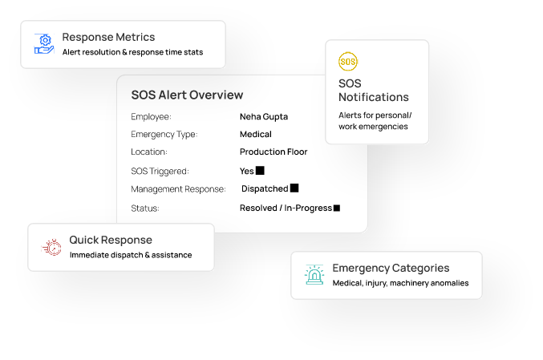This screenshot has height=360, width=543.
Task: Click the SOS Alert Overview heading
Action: [187, 95]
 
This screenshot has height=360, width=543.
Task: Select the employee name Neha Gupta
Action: [263, 116]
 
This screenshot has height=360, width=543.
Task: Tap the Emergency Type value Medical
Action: [255, 134]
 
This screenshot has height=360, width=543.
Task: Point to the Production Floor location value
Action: [273, 152]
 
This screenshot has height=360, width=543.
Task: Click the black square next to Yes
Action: [260, 171]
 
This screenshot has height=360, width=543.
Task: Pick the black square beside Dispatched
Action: [294, 188]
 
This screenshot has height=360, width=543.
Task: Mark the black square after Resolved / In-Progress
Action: [337, 208]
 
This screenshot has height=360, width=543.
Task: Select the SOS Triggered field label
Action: [160, 171]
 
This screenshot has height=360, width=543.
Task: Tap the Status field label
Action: [145, 208]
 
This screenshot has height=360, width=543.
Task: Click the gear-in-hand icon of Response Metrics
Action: [44, 43]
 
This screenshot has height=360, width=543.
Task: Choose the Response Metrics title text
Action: [108, 37]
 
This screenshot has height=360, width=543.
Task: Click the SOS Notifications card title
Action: [373, 90]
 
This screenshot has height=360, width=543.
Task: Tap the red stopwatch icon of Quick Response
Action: [51, 247]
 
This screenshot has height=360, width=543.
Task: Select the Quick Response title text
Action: [110, 240]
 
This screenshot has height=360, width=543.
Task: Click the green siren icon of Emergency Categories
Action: [314, 275]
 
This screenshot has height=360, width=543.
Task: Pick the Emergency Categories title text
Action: [391, 268]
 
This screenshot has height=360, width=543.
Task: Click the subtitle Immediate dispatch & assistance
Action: [131, 255]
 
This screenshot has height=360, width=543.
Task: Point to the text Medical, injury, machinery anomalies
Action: [400, 283]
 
